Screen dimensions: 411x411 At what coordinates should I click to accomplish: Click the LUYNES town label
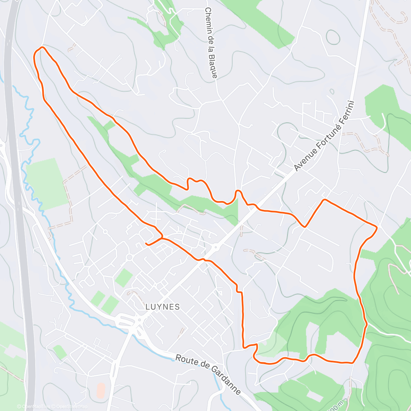(163, 307)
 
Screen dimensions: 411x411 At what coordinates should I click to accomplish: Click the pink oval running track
(101, 390)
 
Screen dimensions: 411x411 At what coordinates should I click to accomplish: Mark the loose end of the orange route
(146, 244)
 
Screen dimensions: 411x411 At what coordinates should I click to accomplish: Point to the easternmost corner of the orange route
(377, 227)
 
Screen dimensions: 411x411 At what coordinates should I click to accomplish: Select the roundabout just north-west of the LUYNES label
(129, 257)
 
